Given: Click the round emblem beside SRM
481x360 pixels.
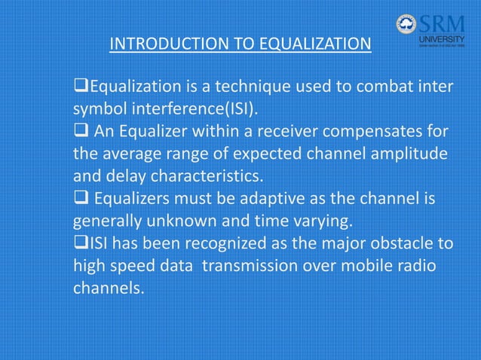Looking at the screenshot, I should click(x=406, y=24).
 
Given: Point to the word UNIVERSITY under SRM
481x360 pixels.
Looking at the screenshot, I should click(x=440, y=39).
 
